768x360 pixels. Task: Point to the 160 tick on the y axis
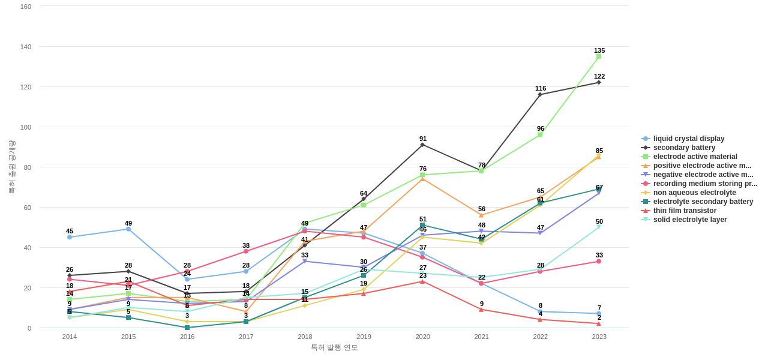click(x=26, y=7)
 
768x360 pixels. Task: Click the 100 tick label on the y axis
click(x=26, y=127)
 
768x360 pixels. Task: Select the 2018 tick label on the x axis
click(x=305, y=337)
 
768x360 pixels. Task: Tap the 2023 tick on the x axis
click(x=599, y=337)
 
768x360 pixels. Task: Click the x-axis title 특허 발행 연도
click(x=334, y=347)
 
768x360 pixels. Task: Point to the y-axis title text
click(x=11, y=167)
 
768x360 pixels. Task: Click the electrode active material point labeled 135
click(x=599, y=56)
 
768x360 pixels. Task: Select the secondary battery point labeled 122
click(x=599, y=82)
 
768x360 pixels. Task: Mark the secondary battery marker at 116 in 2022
click(x=540, y=94)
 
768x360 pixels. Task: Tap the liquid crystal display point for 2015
click(x=128, y=229)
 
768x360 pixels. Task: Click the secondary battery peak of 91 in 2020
click(x=422, y=145)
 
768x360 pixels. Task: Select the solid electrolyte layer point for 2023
click(x=599, y=227)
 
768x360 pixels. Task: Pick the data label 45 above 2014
click(x=70, y=231)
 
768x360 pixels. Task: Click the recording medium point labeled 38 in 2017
click(x=246, y=251)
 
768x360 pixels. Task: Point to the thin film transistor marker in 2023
click(x=599, y=324)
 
